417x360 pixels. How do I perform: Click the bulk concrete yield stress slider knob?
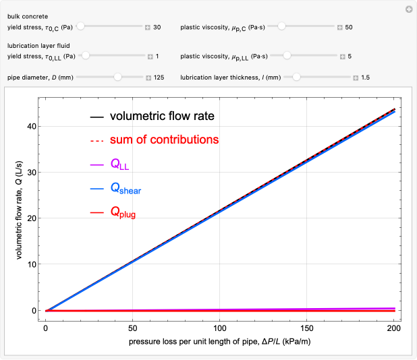[x=80, y=27]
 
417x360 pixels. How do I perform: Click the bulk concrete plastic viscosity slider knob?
[x=282, y=27]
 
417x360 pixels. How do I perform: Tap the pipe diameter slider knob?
[x=117, y=78]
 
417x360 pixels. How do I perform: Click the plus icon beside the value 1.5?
[x=356, y=78]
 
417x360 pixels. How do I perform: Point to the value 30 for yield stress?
[x=157, y=28]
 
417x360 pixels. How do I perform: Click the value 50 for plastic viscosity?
[x=349, y=28]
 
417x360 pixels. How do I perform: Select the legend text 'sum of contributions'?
[x=164, y=140]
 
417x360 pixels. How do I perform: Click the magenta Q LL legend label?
[x=119, y=164]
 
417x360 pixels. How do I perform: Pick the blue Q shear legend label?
[x=126, y=188]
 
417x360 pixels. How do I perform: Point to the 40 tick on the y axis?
[x=30, y=126]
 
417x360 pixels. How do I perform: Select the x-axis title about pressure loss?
[x=219, y=342]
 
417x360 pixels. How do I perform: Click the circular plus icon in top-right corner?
[x=408, y=9]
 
